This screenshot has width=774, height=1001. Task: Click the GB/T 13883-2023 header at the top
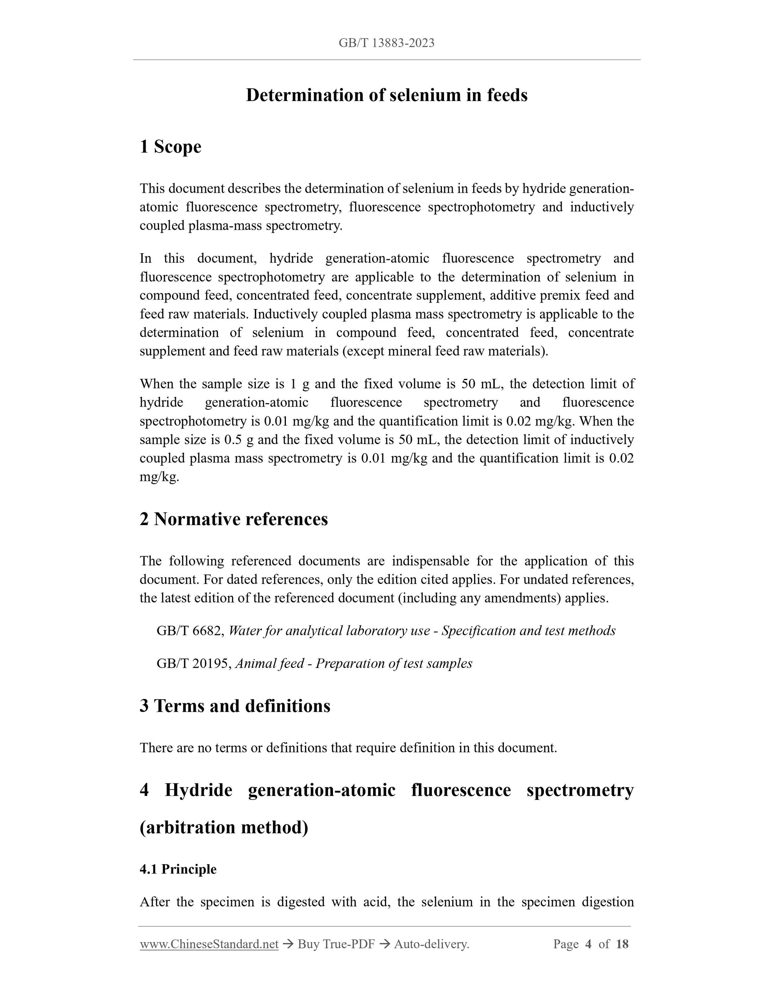[387, 43]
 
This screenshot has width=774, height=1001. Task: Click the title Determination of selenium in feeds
[387, 95]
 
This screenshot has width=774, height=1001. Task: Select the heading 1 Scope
[171, 147]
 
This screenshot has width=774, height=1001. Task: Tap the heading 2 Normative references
[234, 519]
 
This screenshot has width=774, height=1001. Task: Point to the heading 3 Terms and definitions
[235, 706]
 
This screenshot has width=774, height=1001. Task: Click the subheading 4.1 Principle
[178, 869]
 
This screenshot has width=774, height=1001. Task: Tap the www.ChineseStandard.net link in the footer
[209, 944]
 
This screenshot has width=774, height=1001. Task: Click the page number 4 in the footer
[589, 944]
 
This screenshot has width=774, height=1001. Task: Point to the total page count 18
[622, 944]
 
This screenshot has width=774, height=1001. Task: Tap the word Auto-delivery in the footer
[431, 944]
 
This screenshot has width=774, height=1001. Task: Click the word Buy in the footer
[308, 944]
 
